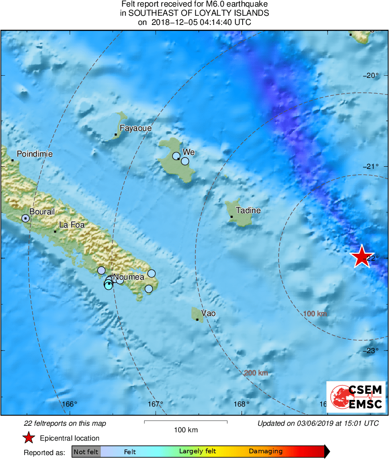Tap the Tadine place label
click(x=248, y=210)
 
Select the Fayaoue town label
click(x=136, y=129)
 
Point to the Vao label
click(x=208, y=313)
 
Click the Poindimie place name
click(x=35, y=154)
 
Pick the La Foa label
click(x=71, y=225)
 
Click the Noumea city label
click(x=129, y=277)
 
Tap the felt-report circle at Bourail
click(x=25, y=218)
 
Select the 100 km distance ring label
click(x=315, y=314)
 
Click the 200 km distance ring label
click(x=256, y=373)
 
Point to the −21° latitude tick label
click(x=371, y=166)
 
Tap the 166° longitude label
click(x=69, y=404)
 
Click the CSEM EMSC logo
click(x=356, y=396)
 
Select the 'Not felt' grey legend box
click(x=86, y=452)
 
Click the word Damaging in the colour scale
click(x=265, y=452)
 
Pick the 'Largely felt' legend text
click(x=198, y=452)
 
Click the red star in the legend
click(x=28, y=438)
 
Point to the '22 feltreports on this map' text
click(x=64, y=424)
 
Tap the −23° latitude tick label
click(x=371, y=350)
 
